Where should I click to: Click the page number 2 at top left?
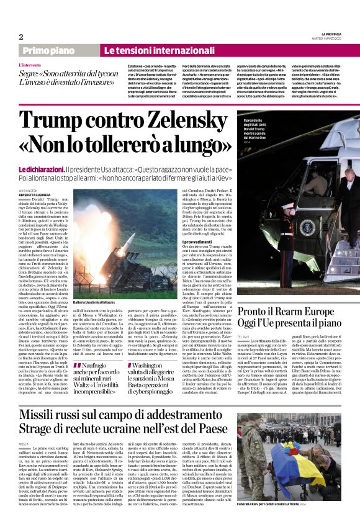pyautogui.click(x=20, y=37)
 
